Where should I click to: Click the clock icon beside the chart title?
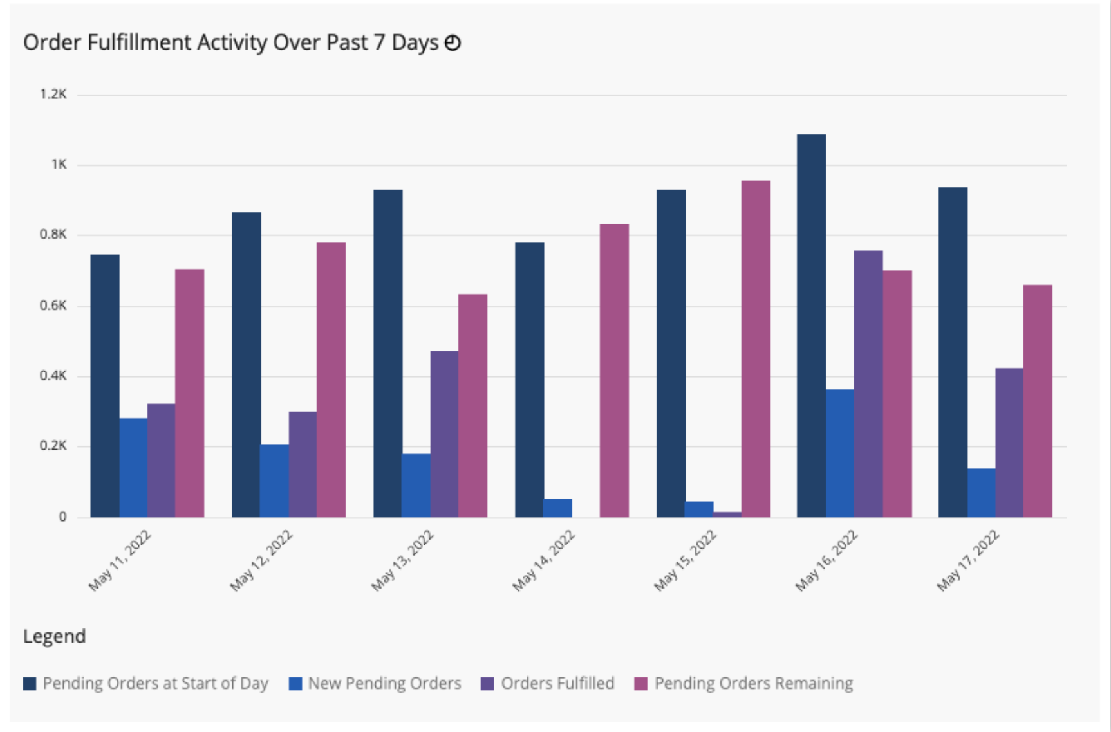click(x=453, y=43)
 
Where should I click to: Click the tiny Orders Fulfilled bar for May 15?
click(x=727, y=514)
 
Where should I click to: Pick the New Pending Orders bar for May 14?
click(x=557, y=508)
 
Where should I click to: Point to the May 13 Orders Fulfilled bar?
click(x=444, y=434)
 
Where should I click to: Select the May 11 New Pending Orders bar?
click(x=133, y=468)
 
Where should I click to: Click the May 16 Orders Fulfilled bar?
click(x=868, y=383)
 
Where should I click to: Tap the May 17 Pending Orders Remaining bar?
click(x=1038, y=401)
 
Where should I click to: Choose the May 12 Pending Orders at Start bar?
click(x=247, y=364)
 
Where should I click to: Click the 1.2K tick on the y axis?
click(x=53, y=95)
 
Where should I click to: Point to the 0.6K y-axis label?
click(x=53, y=306)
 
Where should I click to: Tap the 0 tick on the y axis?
click(x=62, y=517)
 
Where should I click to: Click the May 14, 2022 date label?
click(x=544, y=561)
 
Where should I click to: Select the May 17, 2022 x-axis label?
click(x=968, y=561)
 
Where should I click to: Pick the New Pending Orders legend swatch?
click(x=295, y=683)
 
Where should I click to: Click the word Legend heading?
click(x=55, y=636)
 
